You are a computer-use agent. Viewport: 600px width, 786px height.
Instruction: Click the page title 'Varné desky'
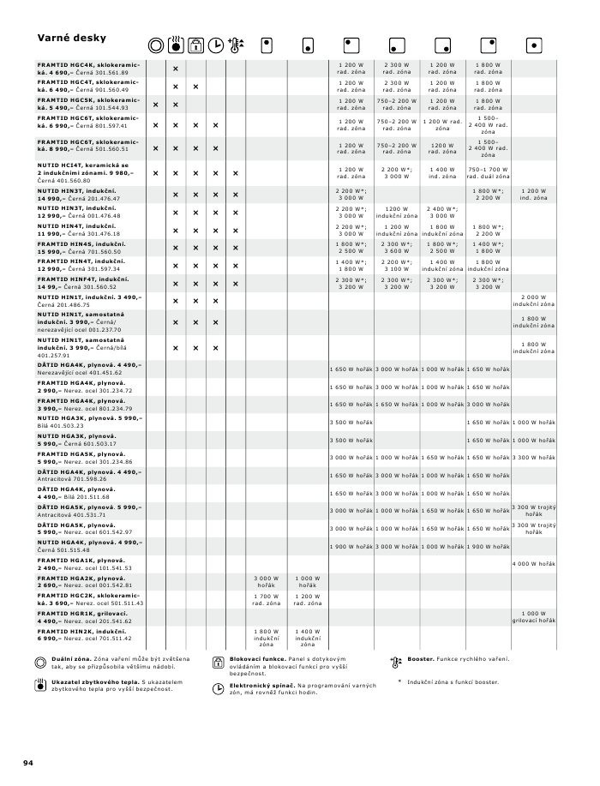[71, 38]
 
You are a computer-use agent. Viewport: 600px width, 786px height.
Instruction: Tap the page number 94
[27, 762]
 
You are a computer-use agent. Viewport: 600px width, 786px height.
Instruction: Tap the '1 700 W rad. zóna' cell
[266, 599]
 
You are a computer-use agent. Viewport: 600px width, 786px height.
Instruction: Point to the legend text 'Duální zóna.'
[71, 658]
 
